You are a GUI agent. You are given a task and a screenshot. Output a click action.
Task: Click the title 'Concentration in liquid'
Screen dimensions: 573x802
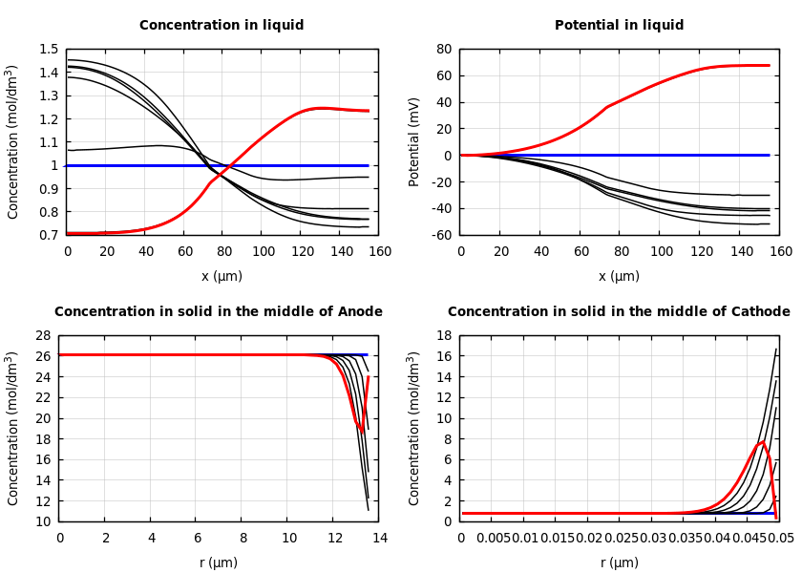(222, 26)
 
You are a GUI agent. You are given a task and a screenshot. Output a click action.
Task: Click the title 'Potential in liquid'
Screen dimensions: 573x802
(619, 26)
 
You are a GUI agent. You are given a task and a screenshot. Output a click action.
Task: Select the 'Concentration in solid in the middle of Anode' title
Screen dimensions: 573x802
(218, 312)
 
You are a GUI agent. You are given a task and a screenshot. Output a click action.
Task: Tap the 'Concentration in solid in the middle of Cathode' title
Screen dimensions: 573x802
(619, 312)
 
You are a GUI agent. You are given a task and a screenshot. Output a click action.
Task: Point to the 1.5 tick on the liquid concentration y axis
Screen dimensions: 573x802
(48, 50)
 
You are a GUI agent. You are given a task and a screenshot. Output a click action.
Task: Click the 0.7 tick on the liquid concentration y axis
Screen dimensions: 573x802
(48, 235)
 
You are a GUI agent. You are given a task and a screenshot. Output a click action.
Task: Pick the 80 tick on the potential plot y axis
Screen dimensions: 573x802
(443, 50)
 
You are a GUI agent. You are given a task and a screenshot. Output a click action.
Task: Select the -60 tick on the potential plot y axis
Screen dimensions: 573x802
(440, 235)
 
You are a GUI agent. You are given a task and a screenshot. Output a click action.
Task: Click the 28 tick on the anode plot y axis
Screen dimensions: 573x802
(43, 336)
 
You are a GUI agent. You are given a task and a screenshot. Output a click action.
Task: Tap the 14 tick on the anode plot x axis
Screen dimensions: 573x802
(379, 539)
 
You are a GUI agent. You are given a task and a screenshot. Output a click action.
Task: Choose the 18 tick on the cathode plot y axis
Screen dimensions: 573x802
(444, 336)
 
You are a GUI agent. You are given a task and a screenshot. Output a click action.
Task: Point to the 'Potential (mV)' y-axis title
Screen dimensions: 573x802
(414, 141)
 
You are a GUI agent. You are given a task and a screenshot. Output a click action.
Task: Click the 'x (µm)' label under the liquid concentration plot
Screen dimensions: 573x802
(222, 277)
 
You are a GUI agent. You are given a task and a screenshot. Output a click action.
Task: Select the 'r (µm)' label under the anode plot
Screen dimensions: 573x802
(218, 563)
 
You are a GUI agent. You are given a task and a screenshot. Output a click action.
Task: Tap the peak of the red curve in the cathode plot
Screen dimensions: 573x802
(762, 442)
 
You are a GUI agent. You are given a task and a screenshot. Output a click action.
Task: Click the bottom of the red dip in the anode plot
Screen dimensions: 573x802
(362, 433)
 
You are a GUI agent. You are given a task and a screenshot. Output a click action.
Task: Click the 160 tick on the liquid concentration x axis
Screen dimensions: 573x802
(379, 252)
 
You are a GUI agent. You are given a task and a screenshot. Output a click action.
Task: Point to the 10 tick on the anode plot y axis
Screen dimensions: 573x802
(43, 521)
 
